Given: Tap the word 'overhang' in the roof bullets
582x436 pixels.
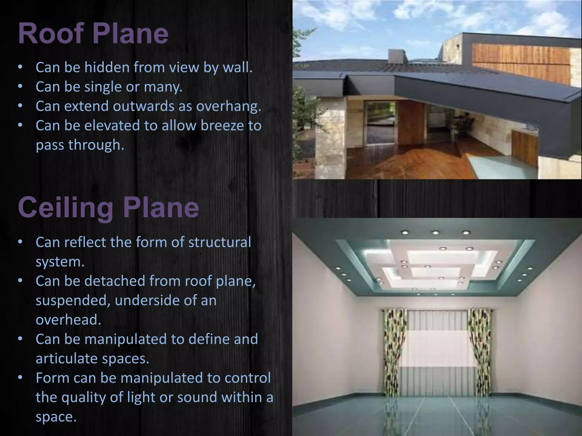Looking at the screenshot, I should point(228,106).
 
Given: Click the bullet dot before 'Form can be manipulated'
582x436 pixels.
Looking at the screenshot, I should point(20,378).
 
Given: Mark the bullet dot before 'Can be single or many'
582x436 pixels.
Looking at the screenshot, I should point(20,87).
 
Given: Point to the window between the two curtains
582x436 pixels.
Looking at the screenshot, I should point(438,349).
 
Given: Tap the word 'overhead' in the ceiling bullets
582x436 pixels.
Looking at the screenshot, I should point(68,320).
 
